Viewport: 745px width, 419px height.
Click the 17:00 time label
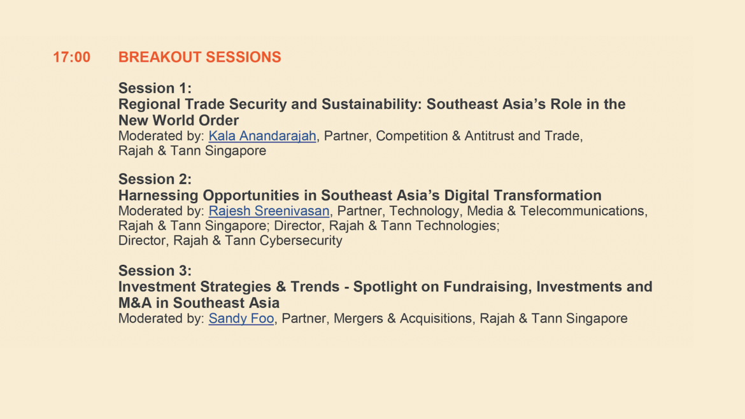click(x=71, y=57)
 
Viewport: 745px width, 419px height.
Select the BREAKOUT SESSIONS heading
click(x=199, y=57)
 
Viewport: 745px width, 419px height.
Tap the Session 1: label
click(x=155, y=88)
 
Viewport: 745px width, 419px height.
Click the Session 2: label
click(x=155, y=179)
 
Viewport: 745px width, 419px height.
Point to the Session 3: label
click(x=155, y=270)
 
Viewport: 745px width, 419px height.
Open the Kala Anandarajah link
click(x=262, y=136)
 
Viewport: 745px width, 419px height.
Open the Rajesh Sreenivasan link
click(x=269, y=211)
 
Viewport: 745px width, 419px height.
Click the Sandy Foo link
click(x=241, y=318)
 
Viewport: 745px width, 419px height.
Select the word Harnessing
click(x=159, y=195)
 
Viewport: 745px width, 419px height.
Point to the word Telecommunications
click(x=584, y=211)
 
